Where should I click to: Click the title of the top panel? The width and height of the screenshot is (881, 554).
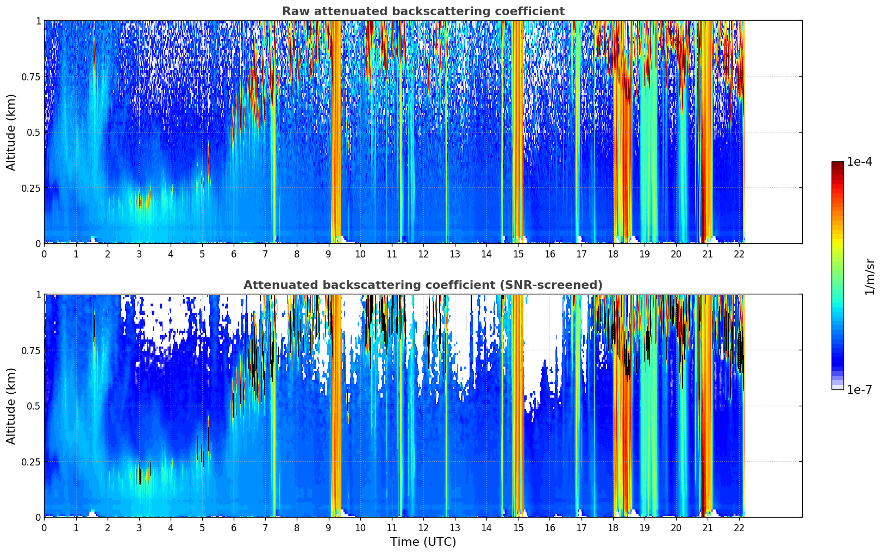point(423,11)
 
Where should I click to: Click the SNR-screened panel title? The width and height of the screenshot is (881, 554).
point(423,285)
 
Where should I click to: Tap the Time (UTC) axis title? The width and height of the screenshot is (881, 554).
point(423,542)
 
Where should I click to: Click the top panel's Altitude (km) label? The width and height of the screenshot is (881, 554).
point(11,132)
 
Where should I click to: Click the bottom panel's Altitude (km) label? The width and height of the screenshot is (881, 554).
point(11,406)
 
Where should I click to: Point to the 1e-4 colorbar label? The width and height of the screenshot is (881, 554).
point(859,162)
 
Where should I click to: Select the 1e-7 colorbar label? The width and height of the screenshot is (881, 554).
point(859,389)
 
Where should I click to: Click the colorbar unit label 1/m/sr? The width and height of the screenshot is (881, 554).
point(870,277)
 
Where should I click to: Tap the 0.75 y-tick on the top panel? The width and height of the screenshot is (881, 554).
point(30,77)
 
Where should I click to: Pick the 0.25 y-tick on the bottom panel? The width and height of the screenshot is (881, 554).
point(30,462)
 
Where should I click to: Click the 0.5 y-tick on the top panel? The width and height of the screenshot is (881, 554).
point(34,132)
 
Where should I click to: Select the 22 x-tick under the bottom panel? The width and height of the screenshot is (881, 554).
point(739,527)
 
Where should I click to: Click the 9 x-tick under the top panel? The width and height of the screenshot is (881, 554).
point(328,254)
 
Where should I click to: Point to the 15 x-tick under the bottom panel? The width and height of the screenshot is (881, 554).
point(518,527)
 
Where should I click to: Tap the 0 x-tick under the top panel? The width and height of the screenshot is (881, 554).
point(44,254)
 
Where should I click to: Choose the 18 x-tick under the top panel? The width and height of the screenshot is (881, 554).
point(613,254)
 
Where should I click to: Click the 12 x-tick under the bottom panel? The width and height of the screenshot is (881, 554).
point(423,527)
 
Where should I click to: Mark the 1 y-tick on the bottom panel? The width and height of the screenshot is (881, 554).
point(38,295)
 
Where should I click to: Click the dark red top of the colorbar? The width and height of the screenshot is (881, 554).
point(837,164)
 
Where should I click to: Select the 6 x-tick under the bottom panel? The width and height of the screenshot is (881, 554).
point(234,527)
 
